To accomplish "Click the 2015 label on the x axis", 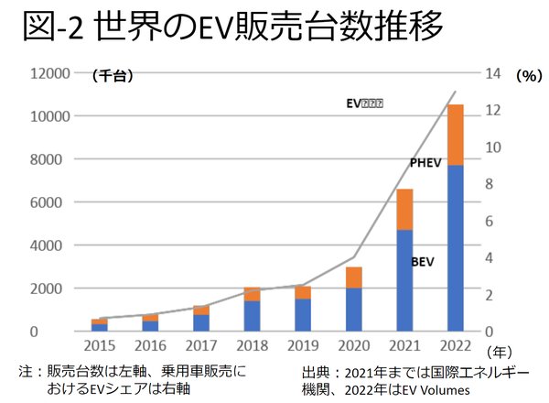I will coord(99,347).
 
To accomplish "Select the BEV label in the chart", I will coord(422,261).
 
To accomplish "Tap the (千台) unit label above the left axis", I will coord(113,77).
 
